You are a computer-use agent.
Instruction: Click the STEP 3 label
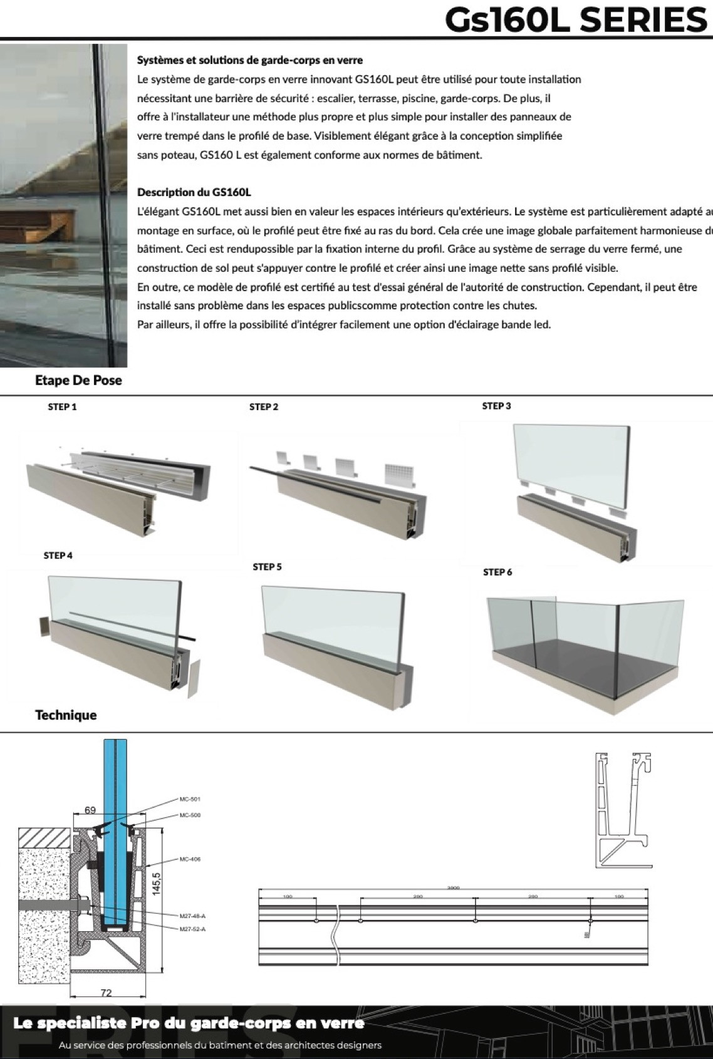tap(496, 406)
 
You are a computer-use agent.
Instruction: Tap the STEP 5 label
tap(267, 567)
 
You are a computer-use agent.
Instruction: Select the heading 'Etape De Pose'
tap(78, 380)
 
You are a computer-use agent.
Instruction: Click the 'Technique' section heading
tap(66, 715)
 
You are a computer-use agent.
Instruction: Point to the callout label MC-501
tap(190, 799)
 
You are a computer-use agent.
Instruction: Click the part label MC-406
tap(190, 859)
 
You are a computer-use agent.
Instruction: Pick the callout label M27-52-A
tap(192, 929)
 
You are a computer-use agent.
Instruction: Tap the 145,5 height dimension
tap(156, 884)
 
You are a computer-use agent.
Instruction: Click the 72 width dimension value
tap(106, 993)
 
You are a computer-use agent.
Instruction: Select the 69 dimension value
tap(90, 810)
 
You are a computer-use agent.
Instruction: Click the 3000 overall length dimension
tap(453, 888)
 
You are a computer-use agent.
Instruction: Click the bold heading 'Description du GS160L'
tap(194, 192)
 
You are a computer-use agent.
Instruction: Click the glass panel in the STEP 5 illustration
tap(332, 620)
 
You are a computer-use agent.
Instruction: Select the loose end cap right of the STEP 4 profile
tap(194, 678)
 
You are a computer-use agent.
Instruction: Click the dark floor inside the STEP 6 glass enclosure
tap(583, 664)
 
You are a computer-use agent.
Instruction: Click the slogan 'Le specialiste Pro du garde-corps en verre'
tap(189, 1023)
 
